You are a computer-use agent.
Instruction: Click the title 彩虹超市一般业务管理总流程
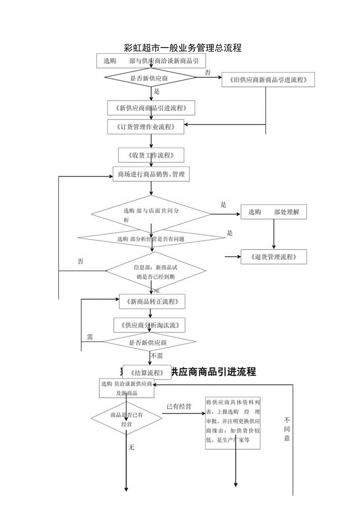(182, 48)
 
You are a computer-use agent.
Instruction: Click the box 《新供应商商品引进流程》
(151, 108)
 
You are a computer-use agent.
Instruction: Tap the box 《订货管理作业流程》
(146, 127)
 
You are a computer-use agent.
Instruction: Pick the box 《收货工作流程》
(151, 155)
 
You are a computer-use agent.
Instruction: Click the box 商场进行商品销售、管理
(151, 174)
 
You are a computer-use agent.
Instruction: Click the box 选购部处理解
(274, 212)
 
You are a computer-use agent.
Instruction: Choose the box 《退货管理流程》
(274, 257)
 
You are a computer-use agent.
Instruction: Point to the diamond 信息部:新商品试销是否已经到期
(156, 272)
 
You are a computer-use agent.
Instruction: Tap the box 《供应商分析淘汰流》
(149, 325)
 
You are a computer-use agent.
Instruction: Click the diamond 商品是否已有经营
(126, 419)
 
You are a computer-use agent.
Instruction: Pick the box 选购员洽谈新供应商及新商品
(126, 388)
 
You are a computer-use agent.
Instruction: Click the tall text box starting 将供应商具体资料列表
(233, 423)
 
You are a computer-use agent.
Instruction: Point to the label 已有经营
(179, 406)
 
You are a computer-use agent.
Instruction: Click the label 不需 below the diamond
(157, 356)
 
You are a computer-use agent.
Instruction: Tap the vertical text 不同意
(287, 429)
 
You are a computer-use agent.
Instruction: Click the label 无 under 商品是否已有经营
(131, 447)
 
